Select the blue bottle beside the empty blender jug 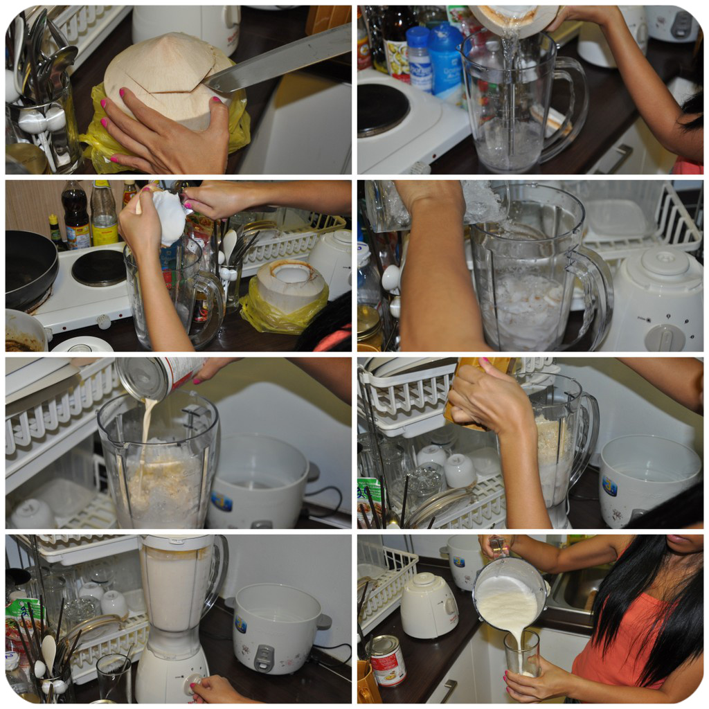(446, 62)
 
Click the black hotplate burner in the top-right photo (382, 109)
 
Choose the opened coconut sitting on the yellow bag (291, 284)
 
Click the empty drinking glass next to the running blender (114, 678)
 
